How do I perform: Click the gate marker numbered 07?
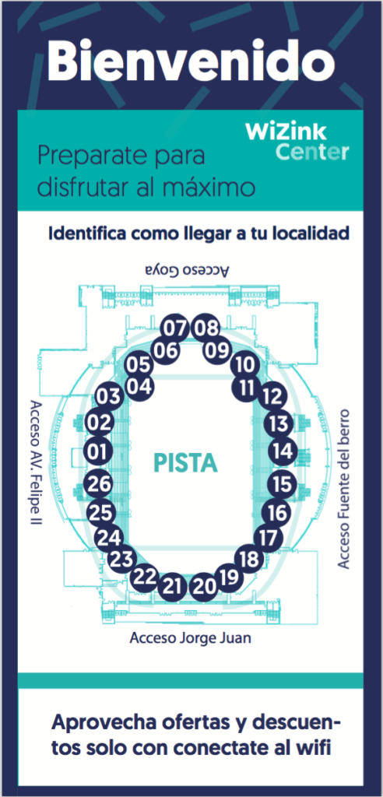[175, 328]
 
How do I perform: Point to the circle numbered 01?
[99, 451]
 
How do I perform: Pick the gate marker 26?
[100, 484]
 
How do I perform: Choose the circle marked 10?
[245, 365]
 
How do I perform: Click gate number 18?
[250, 560]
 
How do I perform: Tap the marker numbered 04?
[139, 387]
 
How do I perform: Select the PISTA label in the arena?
[185, 464]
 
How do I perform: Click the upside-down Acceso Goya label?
[187, 270]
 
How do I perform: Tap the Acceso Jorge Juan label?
[191, 637]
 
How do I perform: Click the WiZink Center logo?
[297, 142]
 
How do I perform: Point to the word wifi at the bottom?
[312, 748]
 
